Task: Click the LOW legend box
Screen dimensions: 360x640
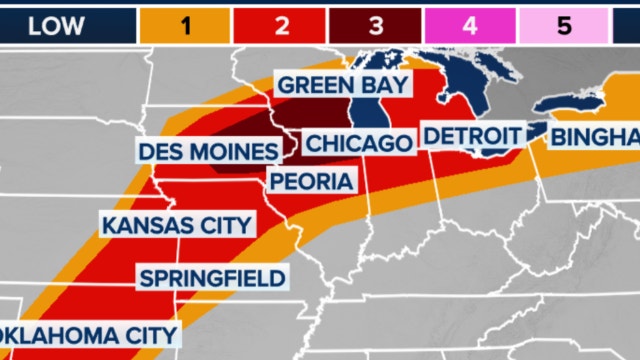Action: pyautogui.click(x=57, y=26)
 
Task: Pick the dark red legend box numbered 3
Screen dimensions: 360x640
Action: pyautogui.click(x=373, y=26)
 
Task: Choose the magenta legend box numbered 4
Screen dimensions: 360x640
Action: pyautogui.click(x=469, y=26)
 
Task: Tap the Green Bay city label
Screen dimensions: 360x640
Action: pyautogui.click(x=342, y=84)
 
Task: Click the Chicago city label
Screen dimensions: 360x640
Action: pyautogui.click(x=357, y=143)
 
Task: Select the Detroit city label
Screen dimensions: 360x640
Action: pyautogui.click(x=472, y=135)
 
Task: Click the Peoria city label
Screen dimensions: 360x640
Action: pyautogui.click(x=310, y=181)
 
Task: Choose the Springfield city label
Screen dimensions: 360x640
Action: pyautogui.click(x=212, y=277)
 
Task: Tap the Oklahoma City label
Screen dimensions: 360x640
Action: pyautogui.click(x=88, y=334)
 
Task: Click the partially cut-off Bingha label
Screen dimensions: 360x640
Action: pyautogui.click(x=595, y=135)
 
